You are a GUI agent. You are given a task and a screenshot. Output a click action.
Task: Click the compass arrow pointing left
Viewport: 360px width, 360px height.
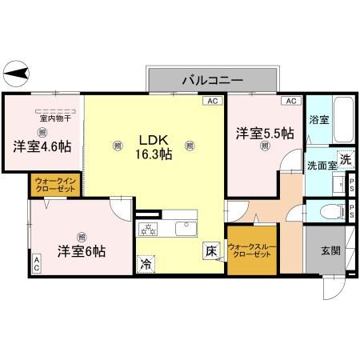[18, 74]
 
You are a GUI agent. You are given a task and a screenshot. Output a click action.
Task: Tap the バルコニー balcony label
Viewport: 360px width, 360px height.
[212, 79]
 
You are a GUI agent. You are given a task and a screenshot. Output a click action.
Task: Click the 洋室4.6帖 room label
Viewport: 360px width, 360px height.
[41, 146]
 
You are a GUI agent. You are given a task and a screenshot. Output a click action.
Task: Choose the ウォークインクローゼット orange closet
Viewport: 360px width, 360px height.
[55, 186]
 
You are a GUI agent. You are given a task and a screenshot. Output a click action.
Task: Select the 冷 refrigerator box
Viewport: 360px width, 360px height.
[146, 262]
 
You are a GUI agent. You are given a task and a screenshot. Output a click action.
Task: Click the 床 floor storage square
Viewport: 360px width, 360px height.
[210, 250]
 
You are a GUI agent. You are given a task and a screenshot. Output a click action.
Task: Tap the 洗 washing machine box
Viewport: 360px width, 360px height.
[345, 159]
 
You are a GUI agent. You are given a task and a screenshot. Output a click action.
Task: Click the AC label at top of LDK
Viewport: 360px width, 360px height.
[213, 101]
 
